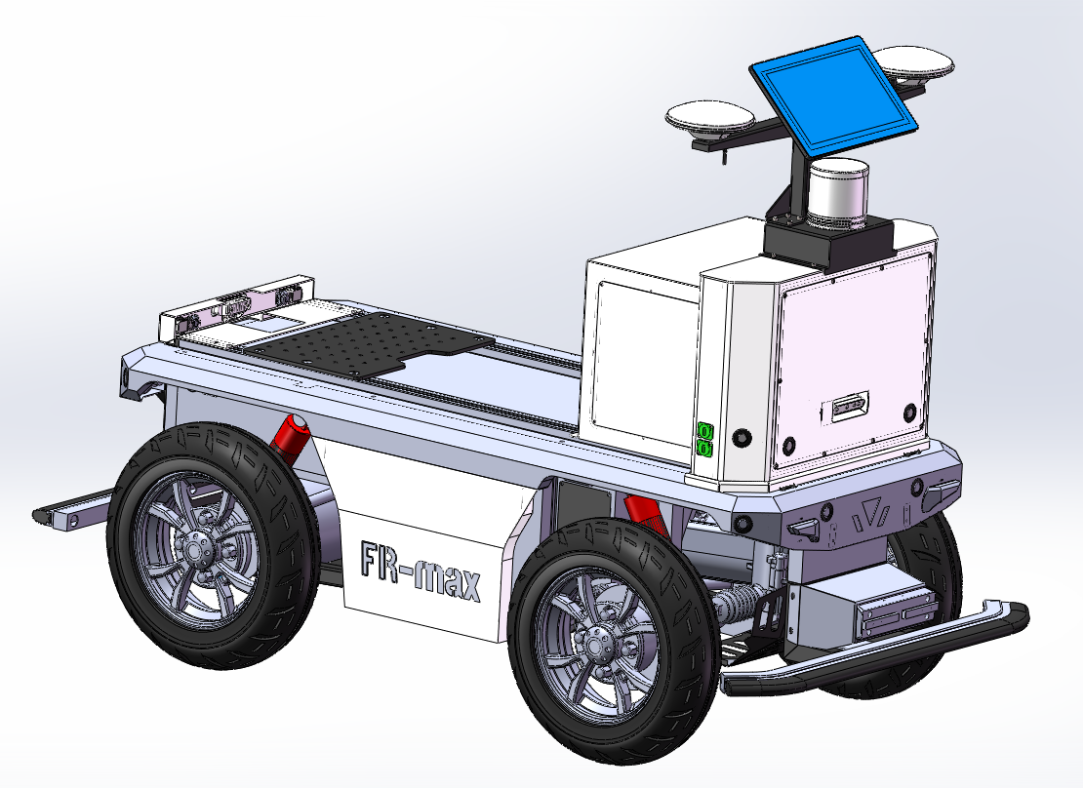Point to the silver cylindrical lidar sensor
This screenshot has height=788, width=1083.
tap(838, 193)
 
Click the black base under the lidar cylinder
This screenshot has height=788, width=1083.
tap(828, 242)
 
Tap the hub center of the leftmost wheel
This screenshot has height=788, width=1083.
tap(194, 543)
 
